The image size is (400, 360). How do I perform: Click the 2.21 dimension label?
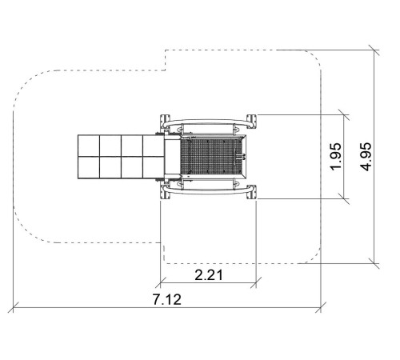tap(209, 275)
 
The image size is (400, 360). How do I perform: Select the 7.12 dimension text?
tap(167, 299)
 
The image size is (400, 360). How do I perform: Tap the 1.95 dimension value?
tap(335, 157)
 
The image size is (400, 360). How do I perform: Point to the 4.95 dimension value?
tap(366, 157)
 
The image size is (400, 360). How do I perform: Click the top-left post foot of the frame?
tap(165, 122)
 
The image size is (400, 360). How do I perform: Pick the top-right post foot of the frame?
tap(251, 122)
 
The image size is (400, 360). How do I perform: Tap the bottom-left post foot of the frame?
tap(165, 192)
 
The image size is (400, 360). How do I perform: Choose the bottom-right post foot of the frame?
tap(251, 192)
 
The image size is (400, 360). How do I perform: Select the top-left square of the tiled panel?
tap(89, 146)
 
